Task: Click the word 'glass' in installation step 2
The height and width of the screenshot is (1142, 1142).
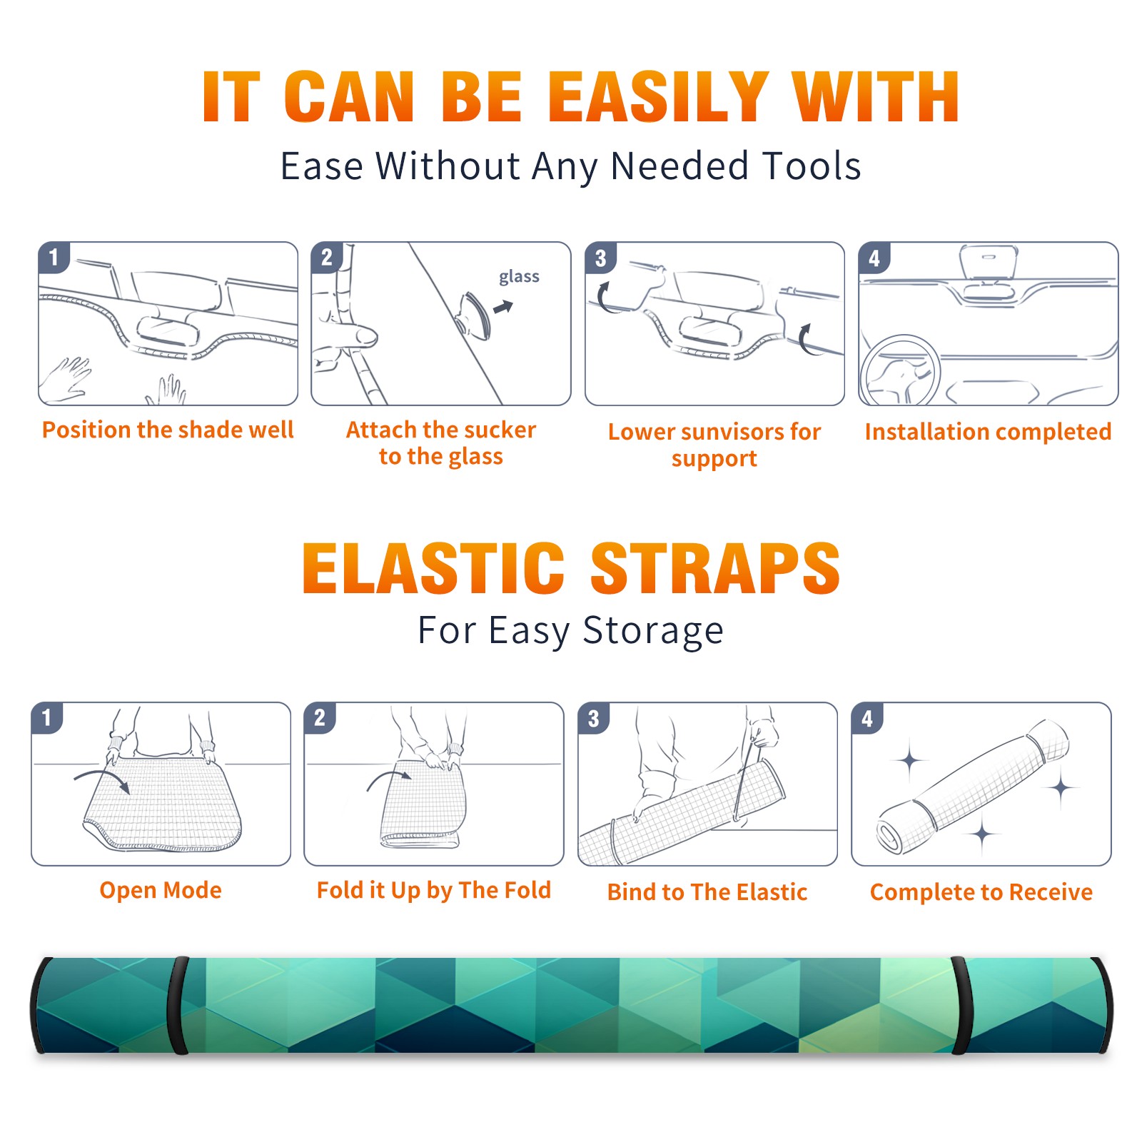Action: pos(519,277)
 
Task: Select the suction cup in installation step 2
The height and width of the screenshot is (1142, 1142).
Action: pos(475,315)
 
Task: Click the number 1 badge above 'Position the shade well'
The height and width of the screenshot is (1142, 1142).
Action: pos(54,257)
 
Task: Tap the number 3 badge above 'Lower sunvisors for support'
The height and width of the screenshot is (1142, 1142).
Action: pos(600,258)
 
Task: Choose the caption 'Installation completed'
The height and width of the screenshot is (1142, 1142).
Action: pos(988,432)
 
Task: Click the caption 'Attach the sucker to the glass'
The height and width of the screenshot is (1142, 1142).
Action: pos(441,443)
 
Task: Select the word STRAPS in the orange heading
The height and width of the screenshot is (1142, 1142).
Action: pos(715,568)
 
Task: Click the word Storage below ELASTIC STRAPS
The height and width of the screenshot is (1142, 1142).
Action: pos(653,631)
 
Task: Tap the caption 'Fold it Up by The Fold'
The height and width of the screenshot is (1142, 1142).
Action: pos(434,891)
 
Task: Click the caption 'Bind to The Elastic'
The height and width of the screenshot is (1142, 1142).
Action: pos(707,892)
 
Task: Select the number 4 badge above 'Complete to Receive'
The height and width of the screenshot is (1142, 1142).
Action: pos(866,718)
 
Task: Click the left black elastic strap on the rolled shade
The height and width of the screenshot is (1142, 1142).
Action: pos(178,1005)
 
